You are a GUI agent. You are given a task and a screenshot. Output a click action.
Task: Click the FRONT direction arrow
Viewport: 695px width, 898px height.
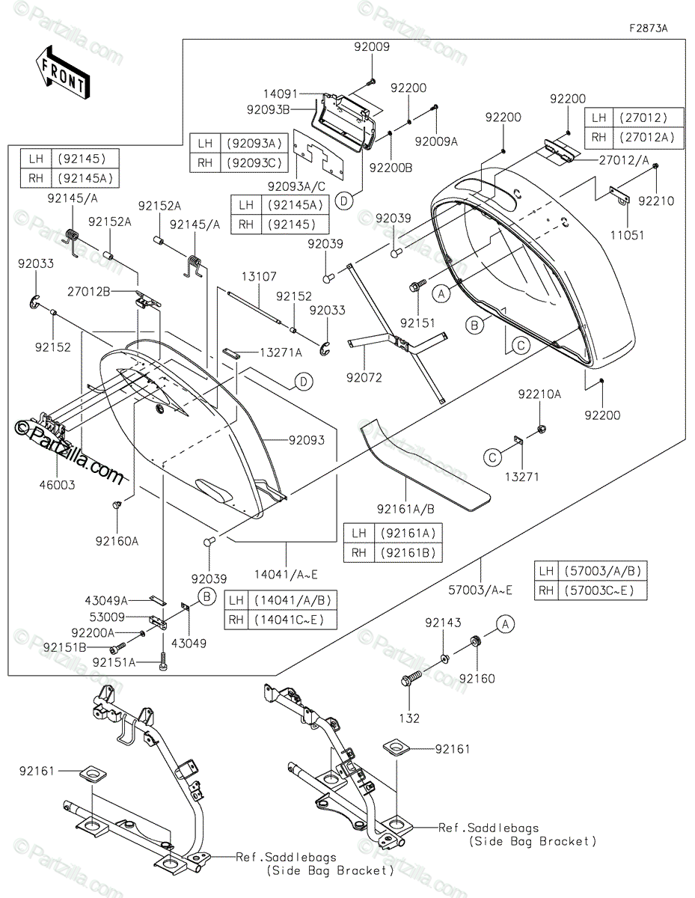point(62,72)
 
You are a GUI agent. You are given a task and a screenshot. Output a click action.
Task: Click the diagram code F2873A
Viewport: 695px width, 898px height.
point(648,28)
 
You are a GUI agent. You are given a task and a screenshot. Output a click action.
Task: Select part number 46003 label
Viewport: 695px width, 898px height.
point(58,485)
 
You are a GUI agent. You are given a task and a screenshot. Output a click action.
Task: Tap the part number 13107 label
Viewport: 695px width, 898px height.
point(259,276)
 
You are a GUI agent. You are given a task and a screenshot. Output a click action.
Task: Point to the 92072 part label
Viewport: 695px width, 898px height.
point(364,377)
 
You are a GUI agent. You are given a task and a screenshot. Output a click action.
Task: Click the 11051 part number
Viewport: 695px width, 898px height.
point(627,235)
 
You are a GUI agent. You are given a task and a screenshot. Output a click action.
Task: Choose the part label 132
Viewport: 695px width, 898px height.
point(409,718)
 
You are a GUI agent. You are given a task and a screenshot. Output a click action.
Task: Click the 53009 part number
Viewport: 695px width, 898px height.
point(107,617)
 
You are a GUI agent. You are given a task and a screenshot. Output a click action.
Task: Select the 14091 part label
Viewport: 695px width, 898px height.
point(280,94)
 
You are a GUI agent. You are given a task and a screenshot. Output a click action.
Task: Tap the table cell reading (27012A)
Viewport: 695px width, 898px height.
point(649,138)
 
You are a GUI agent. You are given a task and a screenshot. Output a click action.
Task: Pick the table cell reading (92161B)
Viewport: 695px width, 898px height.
point(408,552)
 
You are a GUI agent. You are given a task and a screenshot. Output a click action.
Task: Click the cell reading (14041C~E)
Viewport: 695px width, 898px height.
point(293,620)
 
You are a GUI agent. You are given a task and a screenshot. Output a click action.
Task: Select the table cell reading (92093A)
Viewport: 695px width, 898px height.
point(254,144)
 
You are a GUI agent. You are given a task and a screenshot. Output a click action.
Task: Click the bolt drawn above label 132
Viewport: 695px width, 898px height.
point(411,678)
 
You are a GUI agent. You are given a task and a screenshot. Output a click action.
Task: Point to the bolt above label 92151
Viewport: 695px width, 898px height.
point(418,286)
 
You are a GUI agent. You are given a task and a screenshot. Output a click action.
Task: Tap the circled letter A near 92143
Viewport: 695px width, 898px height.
point(506,624)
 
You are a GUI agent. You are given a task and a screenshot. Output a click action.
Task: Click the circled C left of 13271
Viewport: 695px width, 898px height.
point(492,457)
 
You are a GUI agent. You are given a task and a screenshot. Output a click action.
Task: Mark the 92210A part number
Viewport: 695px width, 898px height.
point(539,394)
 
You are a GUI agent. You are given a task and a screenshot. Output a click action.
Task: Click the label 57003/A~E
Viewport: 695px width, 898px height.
point(480,590)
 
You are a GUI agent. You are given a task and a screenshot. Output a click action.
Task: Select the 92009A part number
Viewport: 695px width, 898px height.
point(436,141)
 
